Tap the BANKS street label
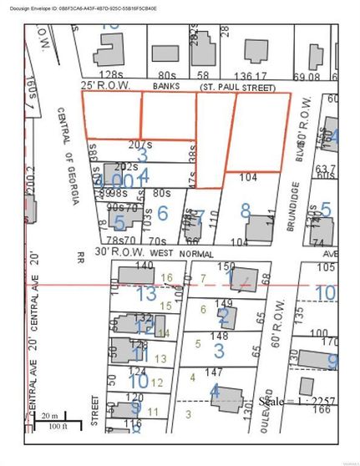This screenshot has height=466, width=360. (168, 85)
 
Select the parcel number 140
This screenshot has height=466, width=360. (145, 266)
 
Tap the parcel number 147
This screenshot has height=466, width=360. (220, 370)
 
